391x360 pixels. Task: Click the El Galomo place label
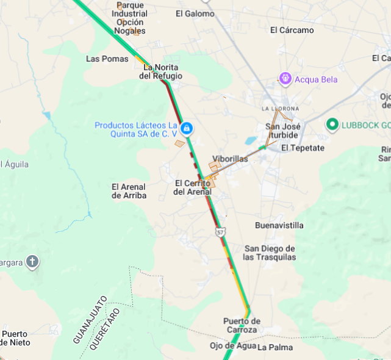(x=195, y=13)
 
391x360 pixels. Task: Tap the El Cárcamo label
(x=292, y=30)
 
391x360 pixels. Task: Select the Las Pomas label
(x=107, y=59)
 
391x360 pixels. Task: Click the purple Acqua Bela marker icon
(x=285, y=79)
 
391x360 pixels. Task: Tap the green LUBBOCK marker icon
(x=332, y=125)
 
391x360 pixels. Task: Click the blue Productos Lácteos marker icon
(x=187, y=129)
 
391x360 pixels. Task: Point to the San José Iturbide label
(x=282, y=131)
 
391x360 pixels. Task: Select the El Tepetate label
(x=303, y=148)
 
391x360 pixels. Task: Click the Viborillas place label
(x=230, y=159)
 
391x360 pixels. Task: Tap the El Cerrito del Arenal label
(x=193, y=187)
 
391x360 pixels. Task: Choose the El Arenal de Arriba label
(x=129, y=191)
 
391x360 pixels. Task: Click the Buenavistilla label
(x=279, y=225)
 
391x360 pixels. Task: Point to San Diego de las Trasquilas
(x=269, y=253)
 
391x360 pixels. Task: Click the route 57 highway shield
(x=220, y=232)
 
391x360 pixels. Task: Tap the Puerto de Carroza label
(x=242, y=325)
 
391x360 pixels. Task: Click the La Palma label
(x=274, y=347)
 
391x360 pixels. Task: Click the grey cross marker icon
(x=32, y=262)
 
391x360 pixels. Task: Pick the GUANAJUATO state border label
(x=90, y=320)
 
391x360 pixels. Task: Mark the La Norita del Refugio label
(x=160, y=71)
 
